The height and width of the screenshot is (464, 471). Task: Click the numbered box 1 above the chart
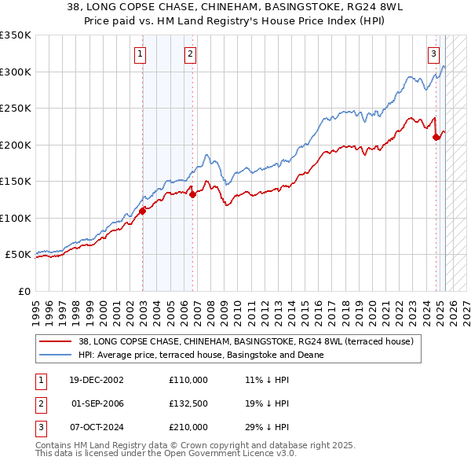(x=139, y=54)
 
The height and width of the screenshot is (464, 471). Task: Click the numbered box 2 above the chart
(x=190, y=54)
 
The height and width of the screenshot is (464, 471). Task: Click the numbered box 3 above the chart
(x=433, y=54)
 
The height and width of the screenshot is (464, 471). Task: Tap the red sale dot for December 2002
(x=143, y=211)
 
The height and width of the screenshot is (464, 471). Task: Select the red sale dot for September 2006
(x=193, y=195)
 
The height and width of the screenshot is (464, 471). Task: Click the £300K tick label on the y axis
(x=16, y=72)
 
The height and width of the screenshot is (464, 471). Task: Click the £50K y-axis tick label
(x=18, y=255)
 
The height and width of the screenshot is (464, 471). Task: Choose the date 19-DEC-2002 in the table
(x=91, y=380)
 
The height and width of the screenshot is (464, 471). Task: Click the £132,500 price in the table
(x=188, y=403)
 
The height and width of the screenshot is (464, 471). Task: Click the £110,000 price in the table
(x=188, y=380)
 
